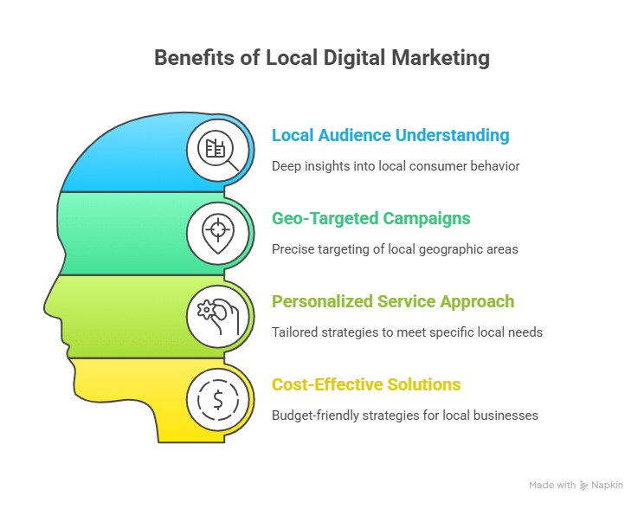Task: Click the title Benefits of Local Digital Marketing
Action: [322, 58]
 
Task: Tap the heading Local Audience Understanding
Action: [390, 136]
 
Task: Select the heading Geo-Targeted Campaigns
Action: [370, 218]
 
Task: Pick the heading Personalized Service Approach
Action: [393, 302]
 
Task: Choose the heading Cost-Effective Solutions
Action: [366, 384]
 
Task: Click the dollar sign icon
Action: [218, 400]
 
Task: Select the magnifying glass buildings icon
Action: [217, 151]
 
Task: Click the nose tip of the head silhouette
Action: [45, 307]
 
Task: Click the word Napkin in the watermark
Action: [607, 485]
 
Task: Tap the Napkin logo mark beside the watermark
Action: [583, 486]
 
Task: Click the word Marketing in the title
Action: [441, 58]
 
